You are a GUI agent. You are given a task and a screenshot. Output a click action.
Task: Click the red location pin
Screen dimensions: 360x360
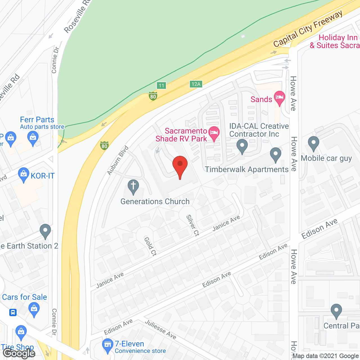pyautogui.click(x=180, y=166)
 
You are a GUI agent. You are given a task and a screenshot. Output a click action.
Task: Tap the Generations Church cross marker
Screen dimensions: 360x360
pyautogui.click(x=133, y=186)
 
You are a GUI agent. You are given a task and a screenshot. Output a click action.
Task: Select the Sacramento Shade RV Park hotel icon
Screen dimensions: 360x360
pyautogui.click(x=214, y=133)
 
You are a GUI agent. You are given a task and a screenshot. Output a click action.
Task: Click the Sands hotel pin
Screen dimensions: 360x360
pyautogui.click(x=279, y=98)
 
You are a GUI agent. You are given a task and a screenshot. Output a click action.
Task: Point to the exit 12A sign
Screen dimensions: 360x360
pyautogui.click(x=196, y=84)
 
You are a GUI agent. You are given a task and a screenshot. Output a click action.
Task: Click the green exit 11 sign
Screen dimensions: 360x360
pyautogui.click(x=161, y=85)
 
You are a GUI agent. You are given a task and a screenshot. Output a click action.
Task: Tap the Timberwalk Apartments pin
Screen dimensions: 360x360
pyautogui.click(x=276, y=154)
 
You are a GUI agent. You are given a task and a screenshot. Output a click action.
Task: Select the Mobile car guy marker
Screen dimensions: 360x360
pyautogui.click(x=313, y=143)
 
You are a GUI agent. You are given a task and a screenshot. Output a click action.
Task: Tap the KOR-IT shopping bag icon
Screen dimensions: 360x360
pyautogui.click(x=24, y=174)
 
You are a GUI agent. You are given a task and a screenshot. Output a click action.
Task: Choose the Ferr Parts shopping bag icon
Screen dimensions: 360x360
pyautogui.click(x=33, y=138)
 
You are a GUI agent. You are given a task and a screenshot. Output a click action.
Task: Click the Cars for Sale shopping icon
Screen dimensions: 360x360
pyautogui.click(x=34, y=309)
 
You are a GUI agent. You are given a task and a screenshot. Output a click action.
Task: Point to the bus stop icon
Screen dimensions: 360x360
pyautogui.click(x=13, y=312)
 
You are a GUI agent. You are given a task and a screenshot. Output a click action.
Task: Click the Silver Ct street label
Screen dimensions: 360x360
pyautogui.click(x=193, y=225)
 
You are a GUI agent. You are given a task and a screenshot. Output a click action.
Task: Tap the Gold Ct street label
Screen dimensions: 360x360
pyautogui.click(x=150, y=246)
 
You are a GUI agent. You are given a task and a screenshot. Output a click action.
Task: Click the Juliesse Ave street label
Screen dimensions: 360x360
pyautogui.click(x=161, y=329)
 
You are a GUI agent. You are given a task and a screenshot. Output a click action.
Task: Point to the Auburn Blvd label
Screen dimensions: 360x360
pyautogui.click(x=118, y=160)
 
